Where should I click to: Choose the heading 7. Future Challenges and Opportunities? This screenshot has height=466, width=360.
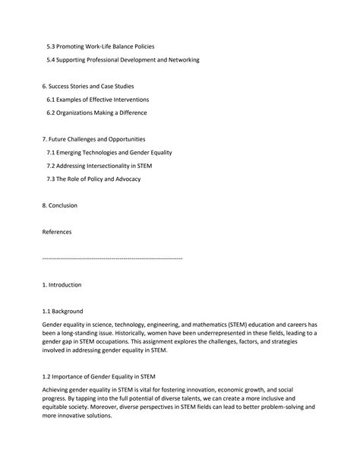click(x=93, y=139)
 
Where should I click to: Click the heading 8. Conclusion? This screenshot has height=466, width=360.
click(x=60, y=205)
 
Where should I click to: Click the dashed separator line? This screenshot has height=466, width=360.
click(x=112, y=258)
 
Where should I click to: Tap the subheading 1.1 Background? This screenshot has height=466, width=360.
click(x=63, y=311)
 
